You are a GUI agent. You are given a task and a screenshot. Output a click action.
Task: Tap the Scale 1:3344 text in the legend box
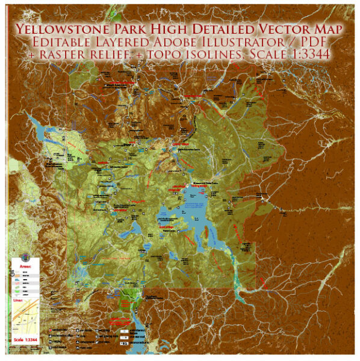[26, 342]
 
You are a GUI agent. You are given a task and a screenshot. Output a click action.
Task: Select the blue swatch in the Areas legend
[17, 279]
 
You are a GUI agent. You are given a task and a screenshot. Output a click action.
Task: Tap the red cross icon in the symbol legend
[52, 331]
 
